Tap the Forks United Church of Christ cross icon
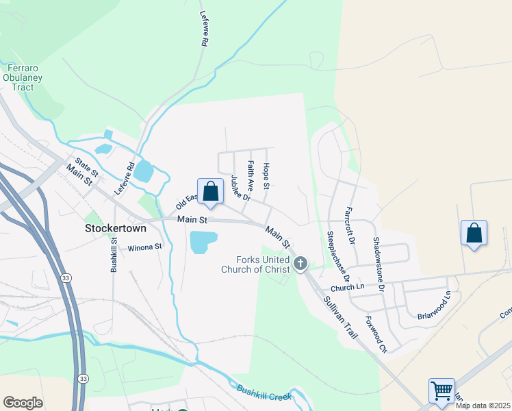(x=300, y=264)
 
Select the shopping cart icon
(x=441, y=391)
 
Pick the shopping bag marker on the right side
(x=474, y=233)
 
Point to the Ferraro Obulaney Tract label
(x=27, y=77)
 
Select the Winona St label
(x=144, y=247)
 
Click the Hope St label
(x=266, y=177)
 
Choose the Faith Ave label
(x=251, y=175)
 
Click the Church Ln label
(x=345, y=288)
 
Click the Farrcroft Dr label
(x=350, y=225)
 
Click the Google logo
(x=23, y=403)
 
